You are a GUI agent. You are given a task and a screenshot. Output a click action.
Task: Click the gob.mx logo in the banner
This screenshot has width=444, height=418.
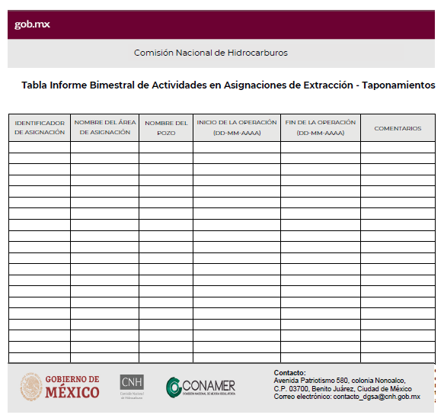tap(33, 24)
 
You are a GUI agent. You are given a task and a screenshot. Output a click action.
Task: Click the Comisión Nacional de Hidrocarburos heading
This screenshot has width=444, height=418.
tap(211, 53)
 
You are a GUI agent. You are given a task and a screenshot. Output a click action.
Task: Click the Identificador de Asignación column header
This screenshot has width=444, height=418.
tap(40, 127)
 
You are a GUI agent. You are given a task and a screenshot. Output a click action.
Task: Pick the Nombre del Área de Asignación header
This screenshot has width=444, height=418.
tap(105, 127)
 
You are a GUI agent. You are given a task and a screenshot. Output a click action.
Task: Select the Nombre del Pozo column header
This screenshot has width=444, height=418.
tap(166, 127)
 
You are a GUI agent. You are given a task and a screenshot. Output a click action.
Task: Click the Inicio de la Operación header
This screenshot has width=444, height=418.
tap(236, 127)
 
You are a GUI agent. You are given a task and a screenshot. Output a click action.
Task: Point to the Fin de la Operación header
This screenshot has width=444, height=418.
tap(320, 127)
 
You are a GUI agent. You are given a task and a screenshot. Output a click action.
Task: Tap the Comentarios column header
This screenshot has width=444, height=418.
tap(398, 128)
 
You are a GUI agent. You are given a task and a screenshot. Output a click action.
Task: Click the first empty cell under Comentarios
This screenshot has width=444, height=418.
tap(398, 147)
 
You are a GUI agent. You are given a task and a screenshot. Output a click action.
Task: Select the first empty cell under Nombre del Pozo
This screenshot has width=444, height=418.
tap(166, 147)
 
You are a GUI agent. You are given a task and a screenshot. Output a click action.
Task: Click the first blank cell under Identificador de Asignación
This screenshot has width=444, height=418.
tap(40, 147)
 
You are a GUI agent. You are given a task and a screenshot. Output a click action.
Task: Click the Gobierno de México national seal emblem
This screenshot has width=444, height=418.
tap(31, 386)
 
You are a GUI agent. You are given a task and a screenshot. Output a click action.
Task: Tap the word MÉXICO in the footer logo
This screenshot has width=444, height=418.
tap(72, 393)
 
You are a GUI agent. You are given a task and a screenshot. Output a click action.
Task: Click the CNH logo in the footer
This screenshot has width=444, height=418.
tap(132, 385)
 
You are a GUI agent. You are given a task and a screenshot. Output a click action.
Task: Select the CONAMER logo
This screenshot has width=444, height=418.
tap(201, 387)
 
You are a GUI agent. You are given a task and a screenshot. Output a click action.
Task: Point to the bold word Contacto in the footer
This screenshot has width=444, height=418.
tap(289, 372)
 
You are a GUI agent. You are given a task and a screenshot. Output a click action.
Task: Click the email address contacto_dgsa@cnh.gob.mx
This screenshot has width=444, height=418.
tap(377, 397)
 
